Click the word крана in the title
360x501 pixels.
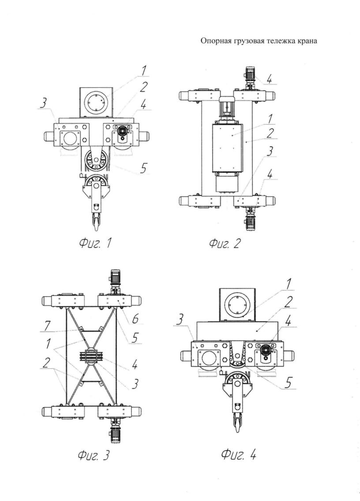(307, 41)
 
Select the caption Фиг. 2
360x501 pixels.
(224, 244)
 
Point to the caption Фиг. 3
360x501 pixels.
(93, 455)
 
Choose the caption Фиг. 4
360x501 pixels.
(238, 454)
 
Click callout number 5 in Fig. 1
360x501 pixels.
(143, 168)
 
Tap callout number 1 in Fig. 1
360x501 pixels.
(144, 71)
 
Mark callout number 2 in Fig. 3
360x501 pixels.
(47, 363)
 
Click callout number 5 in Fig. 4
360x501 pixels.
(288, 383)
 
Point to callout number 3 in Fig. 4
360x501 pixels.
(180, 320)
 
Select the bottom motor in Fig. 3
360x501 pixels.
(115, 431)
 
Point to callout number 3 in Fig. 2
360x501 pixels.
(270, 151)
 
